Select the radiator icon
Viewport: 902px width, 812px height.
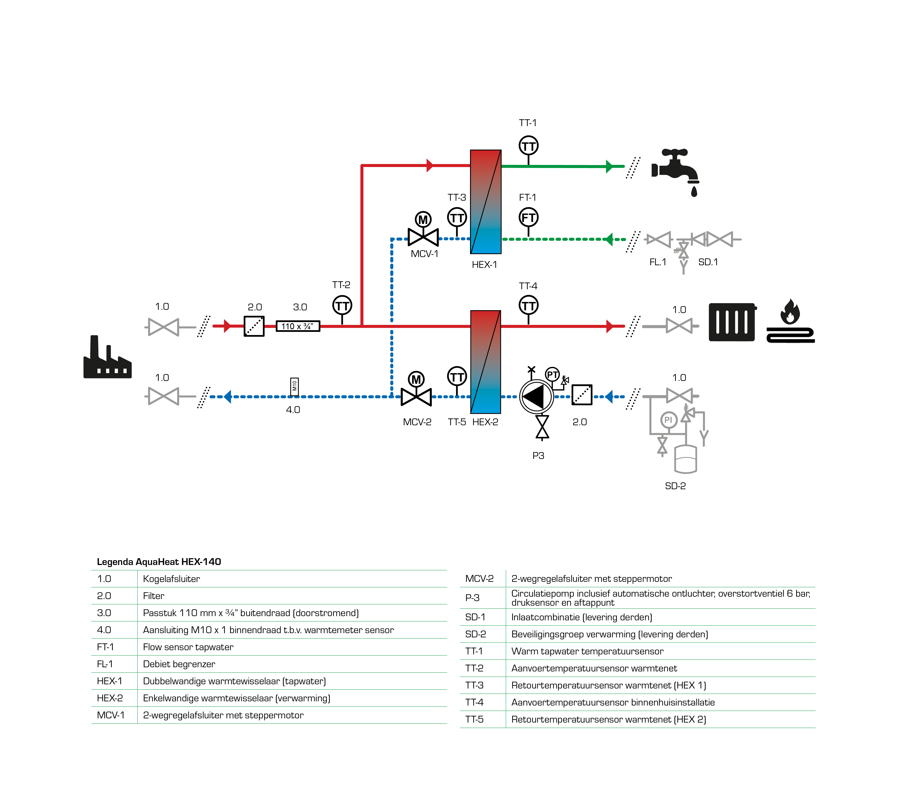732,322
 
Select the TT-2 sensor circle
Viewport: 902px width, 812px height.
342,306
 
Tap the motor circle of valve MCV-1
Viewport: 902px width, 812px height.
423,220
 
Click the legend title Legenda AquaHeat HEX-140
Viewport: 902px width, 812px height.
159,562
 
